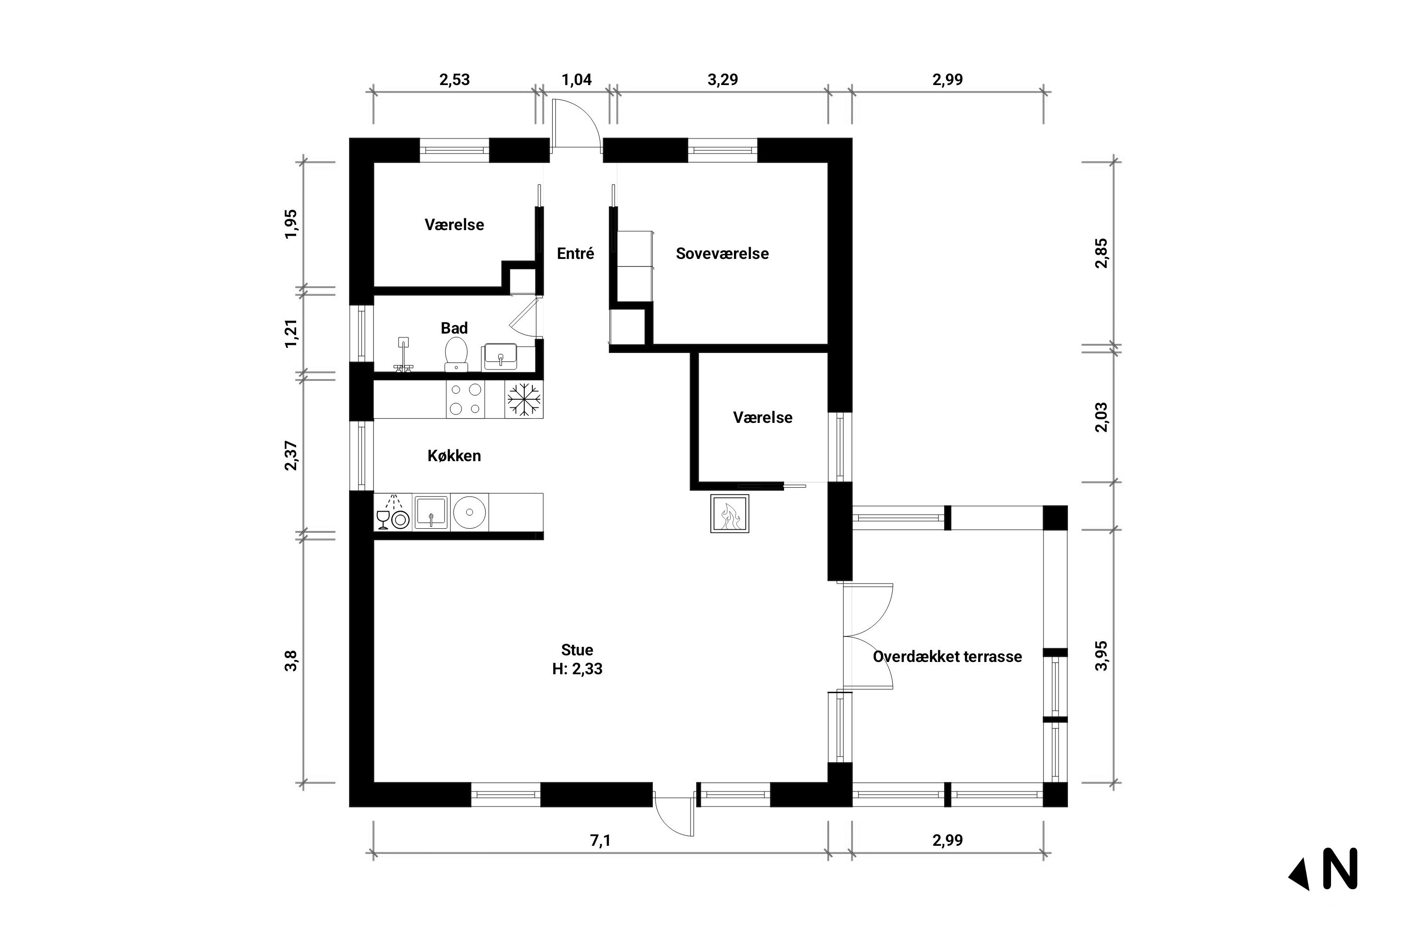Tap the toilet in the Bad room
456,354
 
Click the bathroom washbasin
500,356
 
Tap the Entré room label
575,254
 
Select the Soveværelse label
722,254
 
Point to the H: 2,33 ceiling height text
577,669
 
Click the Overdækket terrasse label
947,656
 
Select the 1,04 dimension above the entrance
577,79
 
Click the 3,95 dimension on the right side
1101,656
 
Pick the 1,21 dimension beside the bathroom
291,333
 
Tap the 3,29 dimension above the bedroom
722,79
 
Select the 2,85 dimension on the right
1101,254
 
